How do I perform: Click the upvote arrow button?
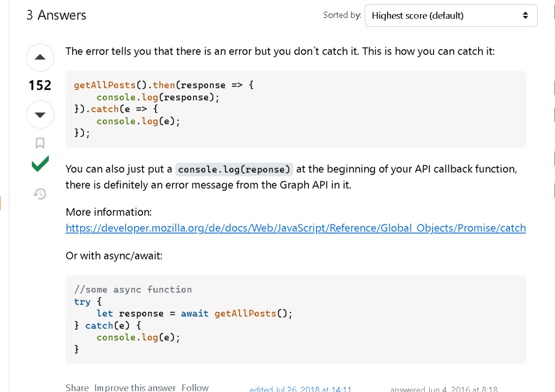pos(40,57)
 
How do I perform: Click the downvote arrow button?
pos(40,114)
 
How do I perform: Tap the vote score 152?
pos(40,85)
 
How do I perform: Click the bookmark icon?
pos(40,143)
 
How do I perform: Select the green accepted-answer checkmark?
pos(40,164)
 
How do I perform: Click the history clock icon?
pos(40,194)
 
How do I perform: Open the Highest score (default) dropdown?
pos(451,16)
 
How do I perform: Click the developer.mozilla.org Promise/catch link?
pos(295,228)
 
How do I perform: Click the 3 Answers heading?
pos(56,15)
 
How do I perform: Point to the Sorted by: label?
pos(343,15)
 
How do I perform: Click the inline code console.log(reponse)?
pos(234,169)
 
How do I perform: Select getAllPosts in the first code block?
pos(105,85)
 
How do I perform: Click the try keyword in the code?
pos(82,301)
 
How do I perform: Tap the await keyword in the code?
pos(195,313)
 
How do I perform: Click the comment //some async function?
pos(133,290)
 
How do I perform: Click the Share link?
pos(77,388)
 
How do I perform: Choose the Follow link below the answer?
pos(195,388)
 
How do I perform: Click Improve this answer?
pos(135,388)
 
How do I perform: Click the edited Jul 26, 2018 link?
pos(300,389)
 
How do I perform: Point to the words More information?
pos(108,212)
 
